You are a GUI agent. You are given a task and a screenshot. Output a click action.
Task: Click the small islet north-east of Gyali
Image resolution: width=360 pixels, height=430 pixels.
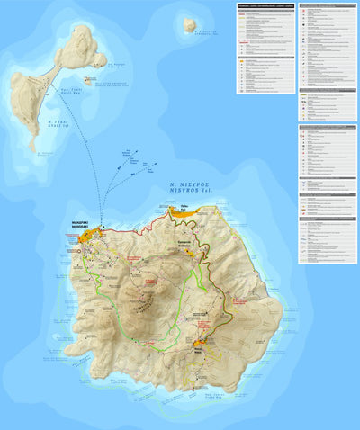(190, 25)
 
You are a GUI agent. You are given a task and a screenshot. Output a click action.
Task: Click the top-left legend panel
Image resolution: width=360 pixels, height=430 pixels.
(265, 48)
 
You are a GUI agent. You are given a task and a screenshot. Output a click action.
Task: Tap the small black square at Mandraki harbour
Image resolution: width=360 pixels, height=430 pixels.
(101, 227)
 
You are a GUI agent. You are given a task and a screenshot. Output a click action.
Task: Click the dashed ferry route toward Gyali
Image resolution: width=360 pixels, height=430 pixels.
(85, 144)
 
